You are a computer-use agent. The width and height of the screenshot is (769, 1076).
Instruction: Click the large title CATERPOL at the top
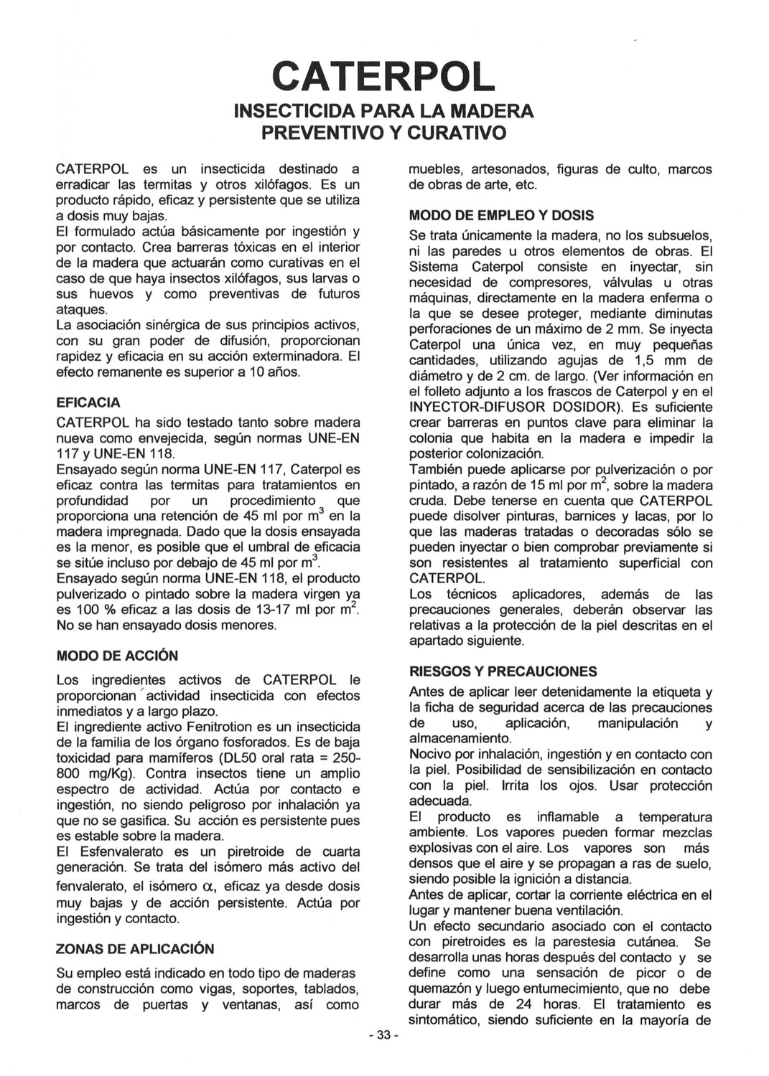tap(384, 76)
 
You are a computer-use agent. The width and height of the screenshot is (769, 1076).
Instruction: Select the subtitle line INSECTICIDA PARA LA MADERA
tap(384, 111)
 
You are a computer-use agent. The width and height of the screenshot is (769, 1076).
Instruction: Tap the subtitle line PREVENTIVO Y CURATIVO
tap(384, 133)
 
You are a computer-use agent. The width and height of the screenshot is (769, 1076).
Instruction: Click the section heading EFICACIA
tap(88, 402)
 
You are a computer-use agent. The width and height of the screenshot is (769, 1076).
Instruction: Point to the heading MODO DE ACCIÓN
tap(117, 656)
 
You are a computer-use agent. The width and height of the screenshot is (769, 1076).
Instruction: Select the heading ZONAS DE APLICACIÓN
tap(135, 949)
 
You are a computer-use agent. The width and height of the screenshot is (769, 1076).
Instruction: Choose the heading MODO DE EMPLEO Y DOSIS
tap(501, 215)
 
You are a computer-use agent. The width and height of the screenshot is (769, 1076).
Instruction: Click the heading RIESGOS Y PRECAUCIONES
tap(503, 671)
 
